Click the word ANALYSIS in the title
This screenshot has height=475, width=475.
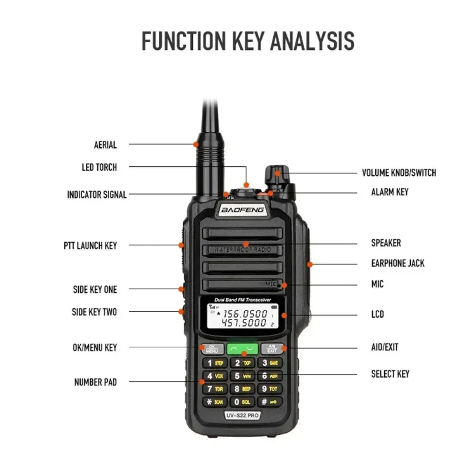pos(312,41)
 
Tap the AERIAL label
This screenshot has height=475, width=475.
pos(105,145)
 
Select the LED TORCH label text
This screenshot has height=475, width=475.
pos(99,167)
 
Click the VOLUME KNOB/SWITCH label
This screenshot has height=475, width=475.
pos(399,173)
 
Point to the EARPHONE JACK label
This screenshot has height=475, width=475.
pos(398,263)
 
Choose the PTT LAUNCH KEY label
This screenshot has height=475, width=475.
pos(90,246)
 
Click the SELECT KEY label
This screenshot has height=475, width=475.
pos(390,374)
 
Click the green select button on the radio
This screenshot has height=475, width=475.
pos(242,349)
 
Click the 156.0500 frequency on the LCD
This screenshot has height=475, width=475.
pos(245,313)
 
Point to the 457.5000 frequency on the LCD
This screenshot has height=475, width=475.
pos(245,323)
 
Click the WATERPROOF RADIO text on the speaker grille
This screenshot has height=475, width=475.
pos(242,249)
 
